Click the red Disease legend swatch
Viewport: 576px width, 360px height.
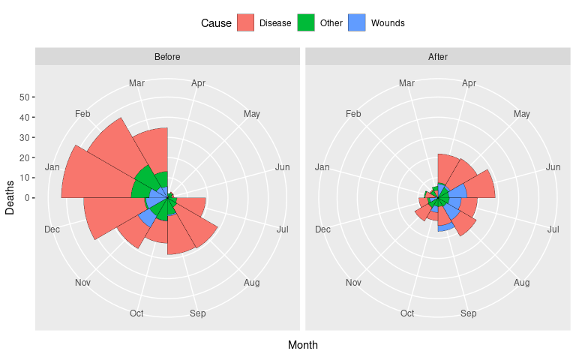(x=245, y=23)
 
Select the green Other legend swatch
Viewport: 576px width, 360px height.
(x=306, y=23)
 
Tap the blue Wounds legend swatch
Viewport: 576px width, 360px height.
(x=357, y=23)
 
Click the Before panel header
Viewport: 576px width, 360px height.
(x=167, y=57)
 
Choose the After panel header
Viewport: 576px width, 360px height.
(x=437, y=57)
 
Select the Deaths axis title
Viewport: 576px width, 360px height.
(x=10, y=198)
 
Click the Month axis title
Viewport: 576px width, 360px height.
(x=302, y=345)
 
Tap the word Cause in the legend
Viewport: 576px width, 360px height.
(x=216, y=23)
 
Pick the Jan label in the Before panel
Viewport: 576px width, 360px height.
(x=52, y=166)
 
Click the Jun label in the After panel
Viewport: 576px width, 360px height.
(x=553, y=166)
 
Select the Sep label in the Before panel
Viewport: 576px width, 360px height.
(x=198, y=313)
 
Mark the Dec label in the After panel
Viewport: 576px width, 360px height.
(x=322, y=229)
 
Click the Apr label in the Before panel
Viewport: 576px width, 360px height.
(x=199, y=82)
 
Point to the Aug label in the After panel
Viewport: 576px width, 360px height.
(x=522, y=283)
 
